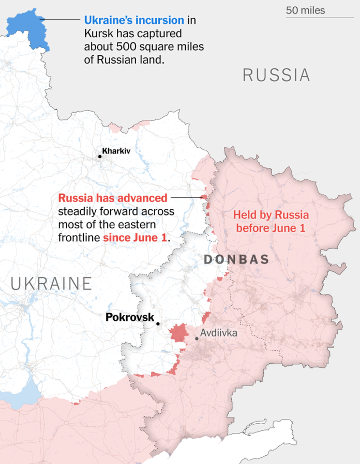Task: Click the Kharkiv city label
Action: point(116,151)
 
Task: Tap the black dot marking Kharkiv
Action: point(99,156)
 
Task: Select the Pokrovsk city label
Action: point(130,317)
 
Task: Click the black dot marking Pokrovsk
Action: point(158,324)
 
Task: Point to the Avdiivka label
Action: point(219,333)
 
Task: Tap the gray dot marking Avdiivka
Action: point(197,338)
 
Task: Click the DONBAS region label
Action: point(236,259)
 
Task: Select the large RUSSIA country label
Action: point(276,75)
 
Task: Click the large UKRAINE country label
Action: point(51,284)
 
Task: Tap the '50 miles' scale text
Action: point(306,10)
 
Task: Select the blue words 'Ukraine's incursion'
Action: point(134,21)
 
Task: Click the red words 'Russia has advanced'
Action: point(113,198)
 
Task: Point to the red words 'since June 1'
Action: point(136,238)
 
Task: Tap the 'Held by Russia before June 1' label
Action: point(271,221)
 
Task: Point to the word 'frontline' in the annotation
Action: point(80,238)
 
